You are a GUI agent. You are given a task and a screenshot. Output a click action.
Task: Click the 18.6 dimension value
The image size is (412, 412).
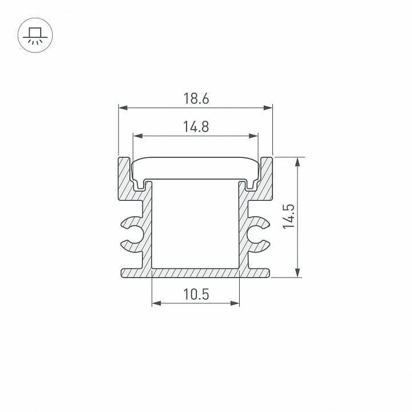tap(196, 98)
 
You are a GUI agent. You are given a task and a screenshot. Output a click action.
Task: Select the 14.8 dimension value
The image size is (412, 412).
tap(196, 126)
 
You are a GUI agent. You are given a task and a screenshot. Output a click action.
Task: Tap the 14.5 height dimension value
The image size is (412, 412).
tap(289, 216)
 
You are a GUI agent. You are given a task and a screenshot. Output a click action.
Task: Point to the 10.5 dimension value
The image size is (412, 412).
tap(196, 294)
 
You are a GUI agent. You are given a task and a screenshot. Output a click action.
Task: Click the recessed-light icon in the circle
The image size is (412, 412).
tap(35, 35)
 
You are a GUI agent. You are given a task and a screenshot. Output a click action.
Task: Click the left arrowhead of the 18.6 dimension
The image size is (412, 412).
tap(123, 108)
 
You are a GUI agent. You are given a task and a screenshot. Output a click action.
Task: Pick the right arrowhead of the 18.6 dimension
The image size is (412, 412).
tap(268, 108)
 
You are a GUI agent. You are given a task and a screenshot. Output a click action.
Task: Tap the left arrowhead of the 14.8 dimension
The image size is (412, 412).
tap(138, 136)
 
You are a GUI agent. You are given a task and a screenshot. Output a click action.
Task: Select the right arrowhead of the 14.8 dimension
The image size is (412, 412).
tap(253, 136)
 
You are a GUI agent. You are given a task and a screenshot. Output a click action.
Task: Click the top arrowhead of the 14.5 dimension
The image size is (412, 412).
tap(298, 162)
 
